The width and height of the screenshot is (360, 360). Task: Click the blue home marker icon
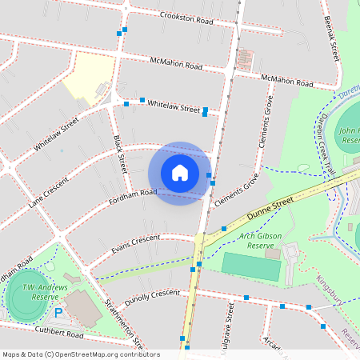[180, 173]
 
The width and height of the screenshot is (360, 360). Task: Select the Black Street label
[120, 154]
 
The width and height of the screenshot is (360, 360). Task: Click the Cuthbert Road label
[58, 333]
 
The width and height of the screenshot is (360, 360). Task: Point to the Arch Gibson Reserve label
[255, 238]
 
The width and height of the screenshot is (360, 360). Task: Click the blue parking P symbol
[58, 312]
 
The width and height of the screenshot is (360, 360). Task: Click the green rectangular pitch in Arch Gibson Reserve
[250, 266]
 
